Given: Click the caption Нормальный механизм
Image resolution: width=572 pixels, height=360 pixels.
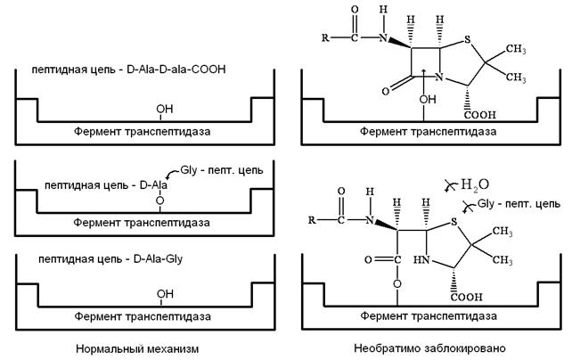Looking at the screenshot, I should pos(135,348).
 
